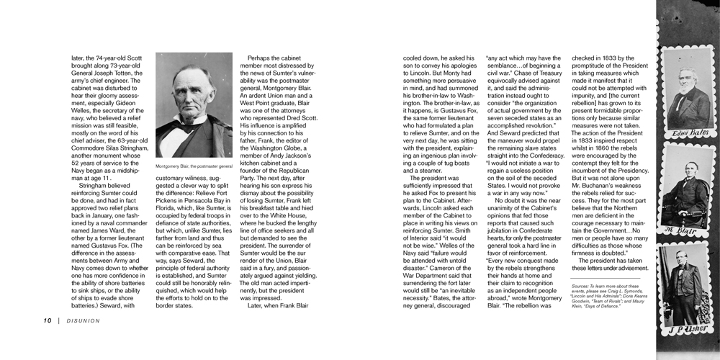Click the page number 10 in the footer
click(x=47, y=321)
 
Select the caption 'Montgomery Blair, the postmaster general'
click(x=194, y=166)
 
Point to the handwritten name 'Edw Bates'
click(x=690, y=133)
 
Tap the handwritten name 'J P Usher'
click(x=689, y=331)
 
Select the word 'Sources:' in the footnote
click(x=582, y=286)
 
